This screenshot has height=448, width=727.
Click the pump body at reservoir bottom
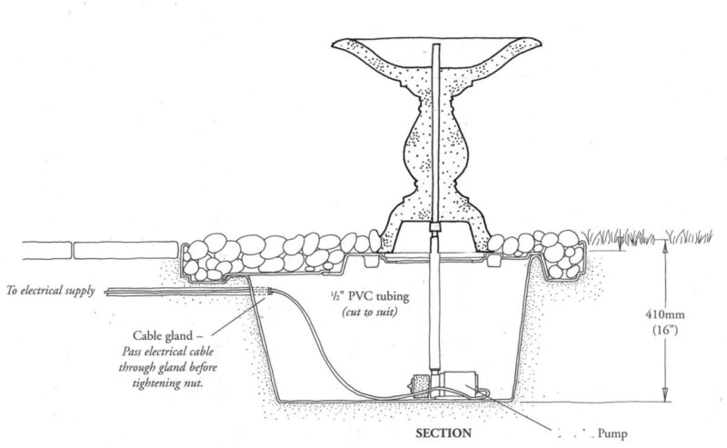click(454, 386)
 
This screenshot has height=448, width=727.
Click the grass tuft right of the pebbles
click(636, 238)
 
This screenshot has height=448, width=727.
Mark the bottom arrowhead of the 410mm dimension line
click(665, 396)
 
